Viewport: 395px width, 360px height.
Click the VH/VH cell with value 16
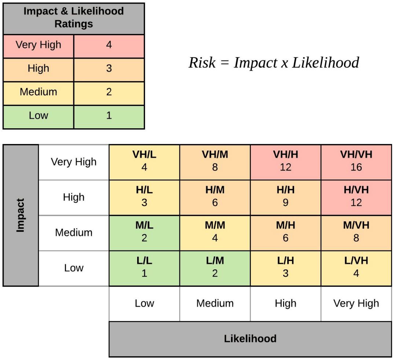click(356, 162)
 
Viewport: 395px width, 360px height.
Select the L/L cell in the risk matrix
click(144, 268)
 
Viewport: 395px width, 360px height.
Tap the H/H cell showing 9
click(285, 197)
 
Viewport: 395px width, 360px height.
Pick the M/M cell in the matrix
click(215, 232)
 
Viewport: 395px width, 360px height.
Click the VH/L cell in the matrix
click(144, 162)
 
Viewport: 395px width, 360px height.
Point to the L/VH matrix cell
click(356, 268)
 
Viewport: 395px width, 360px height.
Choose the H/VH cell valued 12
click(356, 197)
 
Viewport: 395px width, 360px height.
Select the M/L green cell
click(144, 232)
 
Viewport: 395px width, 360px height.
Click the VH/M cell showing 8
click(215, 162)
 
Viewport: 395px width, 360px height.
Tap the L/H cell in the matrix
click(285, 268)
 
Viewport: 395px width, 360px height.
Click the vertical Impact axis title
click(21, 215)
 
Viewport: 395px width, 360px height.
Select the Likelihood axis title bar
click(250, 339)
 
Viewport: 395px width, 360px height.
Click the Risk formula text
click(274, 63)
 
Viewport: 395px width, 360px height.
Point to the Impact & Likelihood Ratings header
click(74, 18)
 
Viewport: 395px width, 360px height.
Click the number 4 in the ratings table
click(109, 45)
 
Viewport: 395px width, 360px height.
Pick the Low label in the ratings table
click(39, 115)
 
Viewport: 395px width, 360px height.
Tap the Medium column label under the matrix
click(215, 304)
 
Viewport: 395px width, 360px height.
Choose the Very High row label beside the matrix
click(74, 162)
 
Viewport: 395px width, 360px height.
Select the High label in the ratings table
click(39, 69)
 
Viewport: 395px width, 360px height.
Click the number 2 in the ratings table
click(109, 92)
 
